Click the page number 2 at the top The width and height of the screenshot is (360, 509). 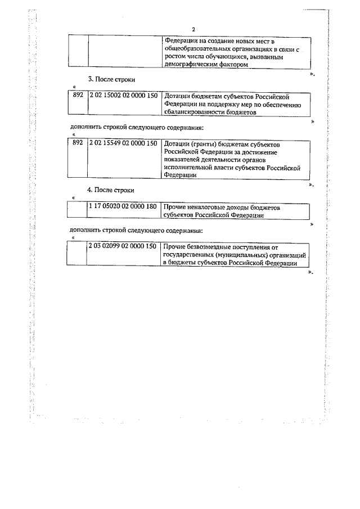pyautogui.click(x=193, y=30)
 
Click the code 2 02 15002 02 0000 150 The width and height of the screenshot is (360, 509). pyautogui.click(x=123, y=96)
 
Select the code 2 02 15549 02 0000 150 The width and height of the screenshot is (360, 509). pyautogui.click(x=123, y=144)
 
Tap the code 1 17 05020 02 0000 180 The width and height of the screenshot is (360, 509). pyautogui.click(x=123, y=208)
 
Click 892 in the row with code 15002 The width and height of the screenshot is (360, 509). pyautogui.click(x=78, y=96)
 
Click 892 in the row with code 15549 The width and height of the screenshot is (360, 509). pyautogui.click(x=78, y=144)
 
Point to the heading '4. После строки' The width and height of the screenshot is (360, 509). pyautogui.click(x=111, y=190)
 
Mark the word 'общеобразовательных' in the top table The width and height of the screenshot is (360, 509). pyautogui.click(x=200, y=49)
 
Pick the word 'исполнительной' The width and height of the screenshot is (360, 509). pyautogui.click(x=190, y=168)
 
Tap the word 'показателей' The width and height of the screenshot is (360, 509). pyautogui.click(x=182, y=160)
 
